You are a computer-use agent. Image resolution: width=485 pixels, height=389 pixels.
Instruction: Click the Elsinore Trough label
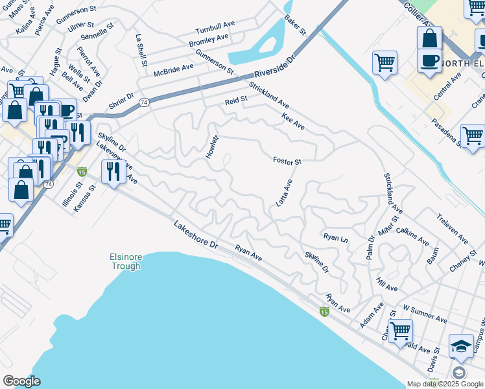coord(125,262)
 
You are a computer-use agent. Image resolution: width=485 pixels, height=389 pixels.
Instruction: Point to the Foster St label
coord(287,161)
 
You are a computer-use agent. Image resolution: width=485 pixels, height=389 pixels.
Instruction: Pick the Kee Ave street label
coord(293,121)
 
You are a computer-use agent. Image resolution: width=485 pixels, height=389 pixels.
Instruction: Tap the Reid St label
coord(236,101)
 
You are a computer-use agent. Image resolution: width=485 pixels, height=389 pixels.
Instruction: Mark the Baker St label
coord(294,25)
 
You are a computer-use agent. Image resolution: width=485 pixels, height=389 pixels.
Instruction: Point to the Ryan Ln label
coord(335,238)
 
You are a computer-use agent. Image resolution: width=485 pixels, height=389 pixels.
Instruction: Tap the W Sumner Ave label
coord(425,315)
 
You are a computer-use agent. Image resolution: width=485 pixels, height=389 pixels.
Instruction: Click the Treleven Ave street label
coord(452,229)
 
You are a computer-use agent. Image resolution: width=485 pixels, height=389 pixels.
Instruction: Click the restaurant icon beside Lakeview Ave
coord(113,172)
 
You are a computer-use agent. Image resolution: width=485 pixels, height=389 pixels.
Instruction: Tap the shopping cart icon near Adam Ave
coord(400,331)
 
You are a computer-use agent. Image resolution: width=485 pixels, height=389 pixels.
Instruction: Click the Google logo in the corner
coord(21,381)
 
